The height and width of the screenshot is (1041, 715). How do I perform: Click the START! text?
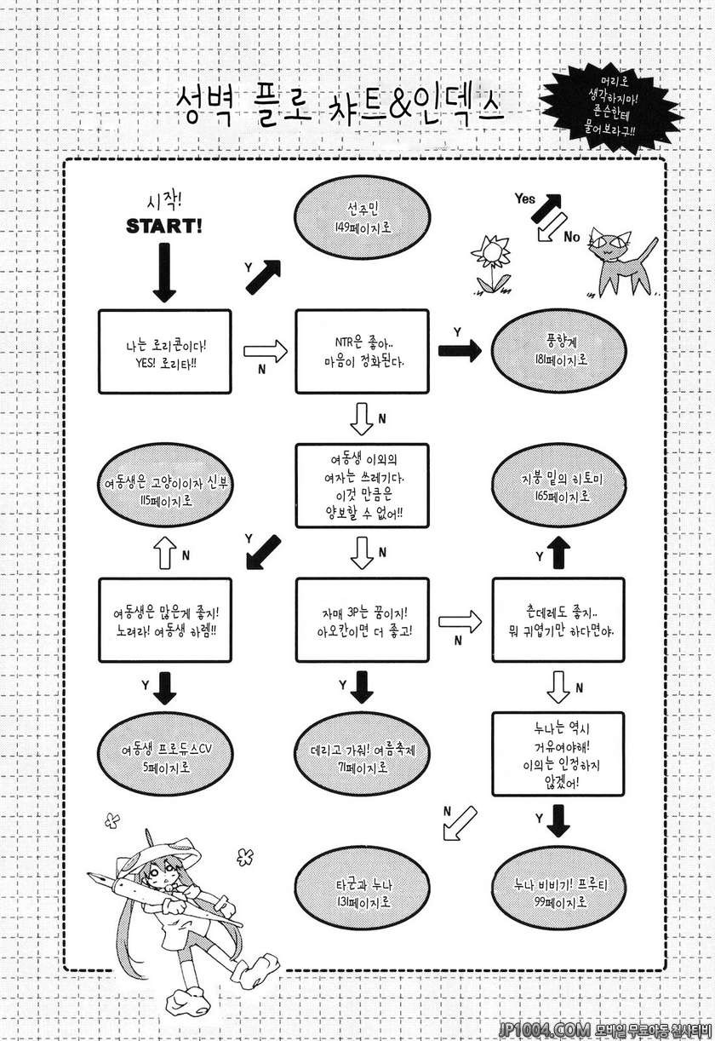tap(165, 227)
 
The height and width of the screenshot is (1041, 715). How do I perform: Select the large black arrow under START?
tap(165, 272)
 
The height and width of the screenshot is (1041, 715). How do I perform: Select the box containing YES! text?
tap(165, 351)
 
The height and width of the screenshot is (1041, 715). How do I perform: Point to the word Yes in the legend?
tap(526, 198)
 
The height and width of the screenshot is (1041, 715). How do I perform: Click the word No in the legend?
tap(572, 236)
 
